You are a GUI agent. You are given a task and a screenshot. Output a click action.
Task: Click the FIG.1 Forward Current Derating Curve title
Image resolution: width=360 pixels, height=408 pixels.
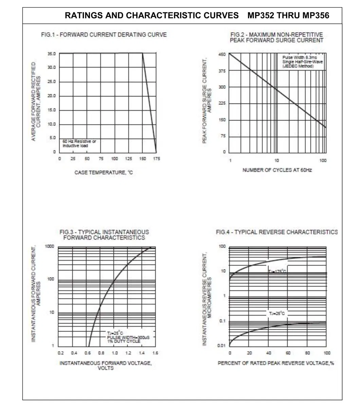pos(104,35)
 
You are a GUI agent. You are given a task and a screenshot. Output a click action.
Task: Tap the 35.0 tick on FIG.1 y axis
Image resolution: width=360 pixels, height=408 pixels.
pos(52,54)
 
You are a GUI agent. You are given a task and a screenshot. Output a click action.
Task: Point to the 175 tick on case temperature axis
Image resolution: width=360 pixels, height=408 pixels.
pos(157,159)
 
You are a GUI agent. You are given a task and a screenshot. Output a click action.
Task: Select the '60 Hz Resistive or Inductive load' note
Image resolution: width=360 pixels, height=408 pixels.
pos(79,143)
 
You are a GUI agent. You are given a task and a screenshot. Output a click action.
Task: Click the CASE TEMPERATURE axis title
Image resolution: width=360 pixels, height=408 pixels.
pos(104,173)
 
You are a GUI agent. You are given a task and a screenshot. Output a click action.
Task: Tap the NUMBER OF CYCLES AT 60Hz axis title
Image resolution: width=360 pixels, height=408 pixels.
pos(277,170)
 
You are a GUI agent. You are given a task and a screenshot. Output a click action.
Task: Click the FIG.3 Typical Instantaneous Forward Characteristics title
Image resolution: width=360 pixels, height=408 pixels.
pos(104,235)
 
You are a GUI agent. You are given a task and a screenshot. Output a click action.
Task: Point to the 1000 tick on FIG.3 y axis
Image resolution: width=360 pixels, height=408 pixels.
pos(50,246)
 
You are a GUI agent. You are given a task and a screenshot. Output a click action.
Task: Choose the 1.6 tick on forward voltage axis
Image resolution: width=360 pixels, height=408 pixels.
pos(156,353)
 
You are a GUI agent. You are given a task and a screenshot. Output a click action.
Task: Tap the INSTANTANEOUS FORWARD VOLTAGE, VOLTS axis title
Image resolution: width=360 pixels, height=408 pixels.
pos(106,365)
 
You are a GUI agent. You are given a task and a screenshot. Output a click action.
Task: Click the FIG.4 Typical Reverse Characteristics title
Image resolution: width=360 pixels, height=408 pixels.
pos(277,232)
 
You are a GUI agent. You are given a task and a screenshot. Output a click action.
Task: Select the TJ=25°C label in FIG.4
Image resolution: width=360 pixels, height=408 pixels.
pos(277,313)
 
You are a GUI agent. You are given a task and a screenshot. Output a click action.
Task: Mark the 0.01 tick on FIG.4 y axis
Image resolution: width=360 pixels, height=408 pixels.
pos(221,346)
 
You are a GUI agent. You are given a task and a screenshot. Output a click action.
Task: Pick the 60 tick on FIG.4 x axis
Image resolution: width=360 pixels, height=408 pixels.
pos(288,353)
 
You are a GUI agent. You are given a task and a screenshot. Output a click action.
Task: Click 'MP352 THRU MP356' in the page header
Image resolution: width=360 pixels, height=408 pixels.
pos(288,16)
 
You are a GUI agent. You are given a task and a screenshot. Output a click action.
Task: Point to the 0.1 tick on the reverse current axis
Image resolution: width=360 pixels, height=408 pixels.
pos(222,321)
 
